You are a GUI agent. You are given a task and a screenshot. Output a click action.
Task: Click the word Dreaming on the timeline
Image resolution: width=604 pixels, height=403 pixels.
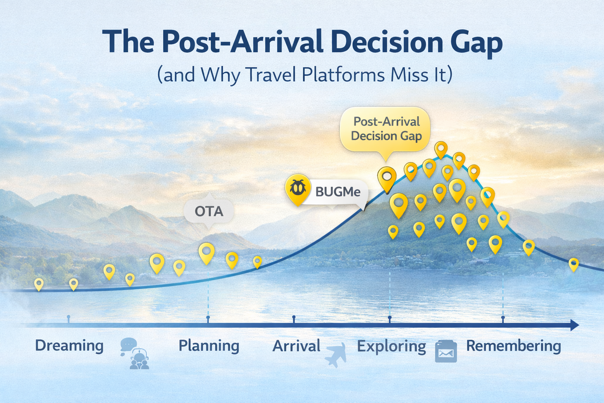(x=69, y=346)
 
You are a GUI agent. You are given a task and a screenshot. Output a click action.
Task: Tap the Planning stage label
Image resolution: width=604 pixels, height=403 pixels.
(x=209, y=346)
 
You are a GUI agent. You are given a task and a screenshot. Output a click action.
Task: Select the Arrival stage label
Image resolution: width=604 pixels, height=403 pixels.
(x=296, y=346)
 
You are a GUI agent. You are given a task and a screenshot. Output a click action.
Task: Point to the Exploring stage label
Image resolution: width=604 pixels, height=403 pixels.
(x=391, y=346)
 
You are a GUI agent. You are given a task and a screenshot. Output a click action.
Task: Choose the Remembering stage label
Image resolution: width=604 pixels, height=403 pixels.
(x=513, y=346)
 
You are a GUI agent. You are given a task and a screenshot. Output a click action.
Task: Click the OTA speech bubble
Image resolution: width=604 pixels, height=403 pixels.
(x=209, y=211)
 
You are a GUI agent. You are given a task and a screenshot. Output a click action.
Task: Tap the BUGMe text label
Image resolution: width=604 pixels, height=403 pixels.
(x=338, y=192)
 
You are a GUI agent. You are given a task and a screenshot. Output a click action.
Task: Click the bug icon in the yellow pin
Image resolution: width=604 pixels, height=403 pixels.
(x=298, y=188)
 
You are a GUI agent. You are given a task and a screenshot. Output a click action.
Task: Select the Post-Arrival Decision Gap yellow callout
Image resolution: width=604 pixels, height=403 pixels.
(x=385, y=129)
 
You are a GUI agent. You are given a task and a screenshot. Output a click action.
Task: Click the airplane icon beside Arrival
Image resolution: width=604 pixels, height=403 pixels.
(x=336, y=355)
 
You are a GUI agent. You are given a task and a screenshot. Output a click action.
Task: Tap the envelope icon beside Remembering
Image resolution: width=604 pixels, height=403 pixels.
(x=446, y=351)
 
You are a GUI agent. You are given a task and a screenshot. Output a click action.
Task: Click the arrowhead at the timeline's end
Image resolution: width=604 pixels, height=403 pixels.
(x=575, y=325)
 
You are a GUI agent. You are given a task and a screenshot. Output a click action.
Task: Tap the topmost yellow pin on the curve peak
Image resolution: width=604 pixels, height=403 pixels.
(x=441, y=149)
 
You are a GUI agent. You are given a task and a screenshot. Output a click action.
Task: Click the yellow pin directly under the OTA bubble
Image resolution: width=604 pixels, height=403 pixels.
(x=206, y=252)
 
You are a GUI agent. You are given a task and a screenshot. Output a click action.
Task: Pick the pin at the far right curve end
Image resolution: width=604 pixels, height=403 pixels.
(x=573, y=264)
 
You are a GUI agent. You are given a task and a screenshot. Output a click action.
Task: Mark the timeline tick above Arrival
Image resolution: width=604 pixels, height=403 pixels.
(x=294, y=317)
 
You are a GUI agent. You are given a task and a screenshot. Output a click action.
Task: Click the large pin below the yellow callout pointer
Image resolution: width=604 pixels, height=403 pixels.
(x=387, y=178)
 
